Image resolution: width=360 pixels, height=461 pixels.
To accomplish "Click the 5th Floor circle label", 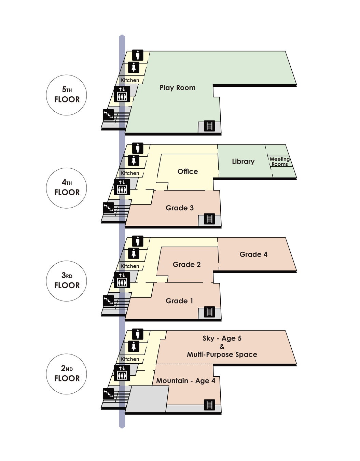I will (x=67, y=95).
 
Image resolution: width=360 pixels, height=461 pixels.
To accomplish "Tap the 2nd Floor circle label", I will (x=67, y=374).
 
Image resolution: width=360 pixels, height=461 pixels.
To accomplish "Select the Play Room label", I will (x=178, y=88).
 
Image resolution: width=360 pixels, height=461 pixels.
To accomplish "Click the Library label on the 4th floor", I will (x=243, y=162).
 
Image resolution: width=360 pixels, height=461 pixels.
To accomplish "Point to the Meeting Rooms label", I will (x=279, y=162).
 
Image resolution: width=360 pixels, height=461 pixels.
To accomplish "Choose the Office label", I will (x=188, y=171).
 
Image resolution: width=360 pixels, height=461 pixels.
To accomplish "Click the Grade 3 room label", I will (x=180, y=208).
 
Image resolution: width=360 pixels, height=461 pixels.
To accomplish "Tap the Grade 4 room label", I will (x=253, y=254).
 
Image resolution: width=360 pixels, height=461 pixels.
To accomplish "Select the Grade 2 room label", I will (x=187, y=265).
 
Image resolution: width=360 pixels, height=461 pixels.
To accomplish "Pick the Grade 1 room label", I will (x=179, y=301).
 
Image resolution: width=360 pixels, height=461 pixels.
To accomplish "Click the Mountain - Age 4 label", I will (x=186, y=381).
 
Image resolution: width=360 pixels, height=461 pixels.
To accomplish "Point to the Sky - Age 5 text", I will (x=222, y=338).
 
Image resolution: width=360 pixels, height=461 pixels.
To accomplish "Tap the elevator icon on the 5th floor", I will (x=122, y=94).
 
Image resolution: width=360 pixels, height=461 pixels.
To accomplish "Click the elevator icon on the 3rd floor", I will (x=122, y=280).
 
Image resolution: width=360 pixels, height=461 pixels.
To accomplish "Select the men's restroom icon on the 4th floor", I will (x=138, y=148).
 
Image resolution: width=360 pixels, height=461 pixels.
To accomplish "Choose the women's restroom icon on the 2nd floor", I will (x=134, y=346).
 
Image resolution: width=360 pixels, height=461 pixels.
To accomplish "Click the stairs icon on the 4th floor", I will (x=108, y=207).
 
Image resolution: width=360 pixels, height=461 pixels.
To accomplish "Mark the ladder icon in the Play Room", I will (x=209, y=126).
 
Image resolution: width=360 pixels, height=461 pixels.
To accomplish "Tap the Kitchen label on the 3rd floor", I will (x=130, y=266).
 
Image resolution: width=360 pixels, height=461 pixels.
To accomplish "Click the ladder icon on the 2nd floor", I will (x=209, y=405).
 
